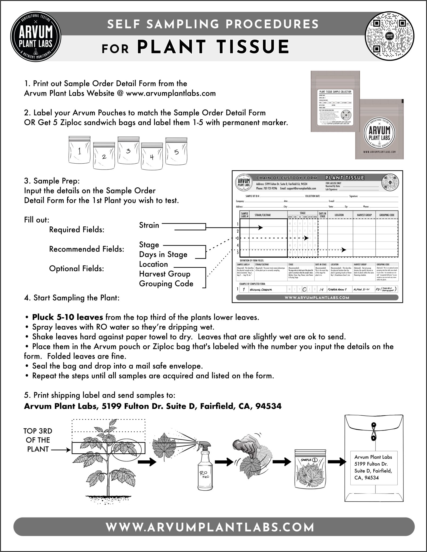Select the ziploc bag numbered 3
click(x=129, y=152)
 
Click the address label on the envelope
click(x=374, y=467)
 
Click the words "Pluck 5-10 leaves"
click(x=67, y=317)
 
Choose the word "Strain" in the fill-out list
click(x=149, y=225)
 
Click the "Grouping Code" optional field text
click(x=166, y=284)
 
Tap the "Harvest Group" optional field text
click(x=165, y=274)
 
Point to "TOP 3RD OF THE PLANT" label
click(x=38, y=440)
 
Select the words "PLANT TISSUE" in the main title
click(x=213, y=47)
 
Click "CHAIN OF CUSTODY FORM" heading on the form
click(x=286, y=178)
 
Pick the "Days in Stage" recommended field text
click(x=163, y=254)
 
